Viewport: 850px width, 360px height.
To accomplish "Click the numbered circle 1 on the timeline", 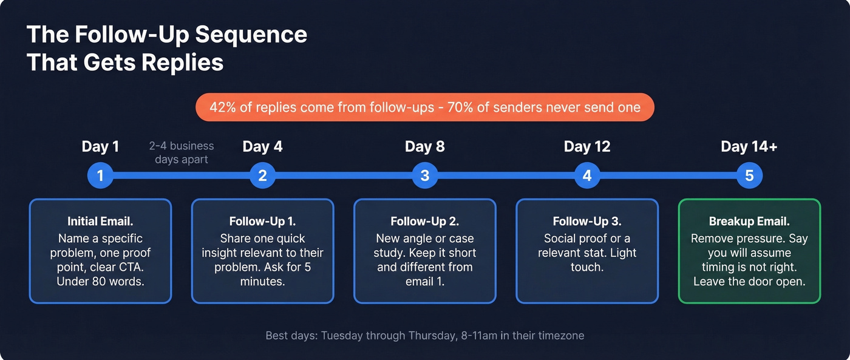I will (100, 176).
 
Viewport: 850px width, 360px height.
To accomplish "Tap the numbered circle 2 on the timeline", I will (262, 176).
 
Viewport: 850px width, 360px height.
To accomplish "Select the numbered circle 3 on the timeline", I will (425, 176).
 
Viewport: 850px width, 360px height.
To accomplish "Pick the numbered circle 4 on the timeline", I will (587, 176).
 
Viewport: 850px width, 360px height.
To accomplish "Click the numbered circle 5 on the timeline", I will (749, 176).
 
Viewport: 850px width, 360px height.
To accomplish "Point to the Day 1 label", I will (100, 146).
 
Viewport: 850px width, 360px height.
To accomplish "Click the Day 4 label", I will (262, 146).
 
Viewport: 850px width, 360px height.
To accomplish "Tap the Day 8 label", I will (425, 146).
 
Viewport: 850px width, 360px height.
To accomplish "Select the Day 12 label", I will (587, 146).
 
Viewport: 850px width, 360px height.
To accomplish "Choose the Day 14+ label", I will (749, 146).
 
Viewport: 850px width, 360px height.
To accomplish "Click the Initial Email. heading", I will (100, 222).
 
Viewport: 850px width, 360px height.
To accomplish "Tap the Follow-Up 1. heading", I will (262, 222).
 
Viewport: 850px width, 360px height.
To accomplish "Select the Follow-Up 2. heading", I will (425, 222).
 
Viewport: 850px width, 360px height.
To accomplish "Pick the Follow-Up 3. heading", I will (587, 222).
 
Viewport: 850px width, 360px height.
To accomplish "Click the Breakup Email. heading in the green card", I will (749, 222).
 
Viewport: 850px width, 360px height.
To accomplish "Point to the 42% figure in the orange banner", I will (222, 107).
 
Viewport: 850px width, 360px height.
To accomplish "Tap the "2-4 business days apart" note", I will (182, 152).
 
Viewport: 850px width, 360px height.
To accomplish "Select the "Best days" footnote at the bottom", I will (425, 335).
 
